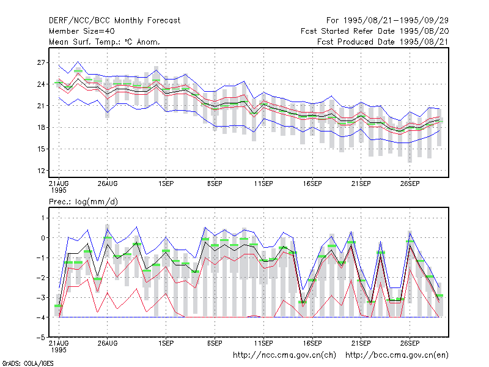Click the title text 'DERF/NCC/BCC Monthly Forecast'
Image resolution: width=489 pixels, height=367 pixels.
coord(114,21)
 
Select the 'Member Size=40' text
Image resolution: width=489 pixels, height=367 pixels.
coord(82,31)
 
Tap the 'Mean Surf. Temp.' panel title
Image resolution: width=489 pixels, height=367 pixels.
coord(105,42)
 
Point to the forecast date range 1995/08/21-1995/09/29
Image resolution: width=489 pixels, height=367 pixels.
coord(388,21)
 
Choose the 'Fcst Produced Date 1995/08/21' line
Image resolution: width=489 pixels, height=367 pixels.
coord(383,42)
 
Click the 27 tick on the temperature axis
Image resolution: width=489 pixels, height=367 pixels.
coord(41,63)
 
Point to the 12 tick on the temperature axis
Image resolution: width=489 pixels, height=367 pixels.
coord(41,171)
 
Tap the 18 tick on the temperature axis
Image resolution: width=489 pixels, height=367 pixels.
coord(41,127)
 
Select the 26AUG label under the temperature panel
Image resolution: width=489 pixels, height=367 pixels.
coord(108,184)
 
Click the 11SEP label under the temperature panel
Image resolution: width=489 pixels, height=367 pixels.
coord(263,184)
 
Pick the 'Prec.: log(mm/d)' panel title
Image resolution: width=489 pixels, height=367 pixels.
coord(83,202)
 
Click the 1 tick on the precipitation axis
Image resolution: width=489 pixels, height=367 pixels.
coord(43,218)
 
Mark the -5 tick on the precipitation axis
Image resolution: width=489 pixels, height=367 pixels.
coord(40,338)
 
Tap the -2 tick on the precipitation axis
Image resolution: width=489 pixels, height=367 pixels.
coord(40,278)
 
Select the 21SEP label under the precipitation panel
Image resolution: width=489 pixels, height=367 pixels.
coord(361,343)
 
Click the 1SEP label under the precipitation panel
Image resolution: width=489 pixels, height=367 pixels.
coord(166,343)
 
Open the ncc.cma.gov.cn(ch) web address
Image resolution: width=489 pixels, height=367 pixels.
coord(284,355)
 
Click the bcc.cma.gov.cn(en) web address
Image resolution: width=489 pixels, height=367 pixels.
coord(397,355)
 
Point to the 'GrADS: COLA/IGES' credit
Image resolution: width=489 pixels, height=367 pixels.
coord(28,363)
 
